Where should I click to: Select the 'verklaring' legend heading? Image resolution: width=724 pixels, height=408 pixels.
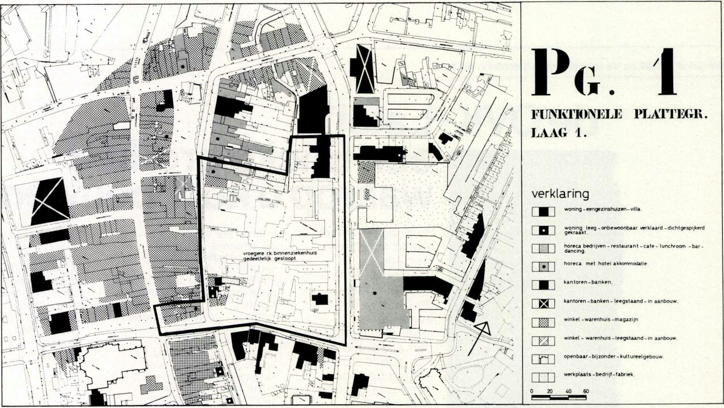[x=560, y=194]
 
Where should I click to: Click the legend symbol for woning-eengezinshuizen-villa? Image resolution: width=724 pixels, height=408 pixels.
[x=543, y=212]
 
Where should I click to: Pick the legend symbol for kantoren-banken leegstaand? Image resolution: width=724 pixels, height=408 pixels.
[x=543, y=304]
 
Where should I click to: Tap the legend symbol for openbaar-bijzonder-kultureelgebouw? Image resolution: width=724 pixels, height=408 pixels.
[x=543, y=359]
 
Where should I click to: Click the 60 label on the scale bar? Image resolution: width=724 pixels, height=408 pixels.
[x=586, y=391]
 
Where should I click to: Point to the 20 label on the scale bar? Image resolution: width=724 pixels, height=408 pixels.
[x=550, y=391]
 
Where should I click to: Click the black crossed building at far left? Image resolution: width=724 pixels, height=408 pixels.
[x=49, y=201]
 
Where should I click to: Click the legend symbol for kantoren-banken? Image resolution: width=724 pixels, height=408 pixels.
[x=543, y=285]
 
